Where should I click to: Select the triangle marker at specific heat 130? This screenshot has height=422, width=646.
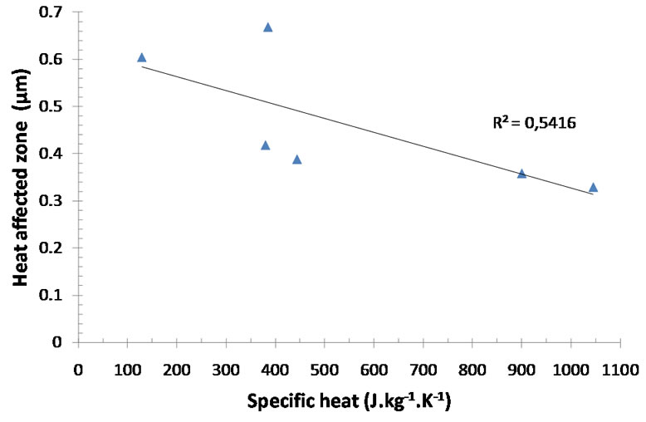pyautogui.click(x=141, y=57)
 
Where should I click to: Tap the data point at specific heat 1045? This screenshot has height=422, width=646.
pyautogui.click(x=593, y=188)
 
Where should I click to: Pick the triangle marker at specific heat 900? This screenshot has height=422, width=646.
pyautogui.click(x=521, y=174)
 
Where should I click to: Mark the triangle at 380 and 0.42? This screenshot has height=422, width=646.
pyautogui.click(x=265, y=145)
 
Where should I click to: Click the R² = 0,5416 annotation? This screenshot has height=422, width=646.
pyautogui.click(x=535, y=123)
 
